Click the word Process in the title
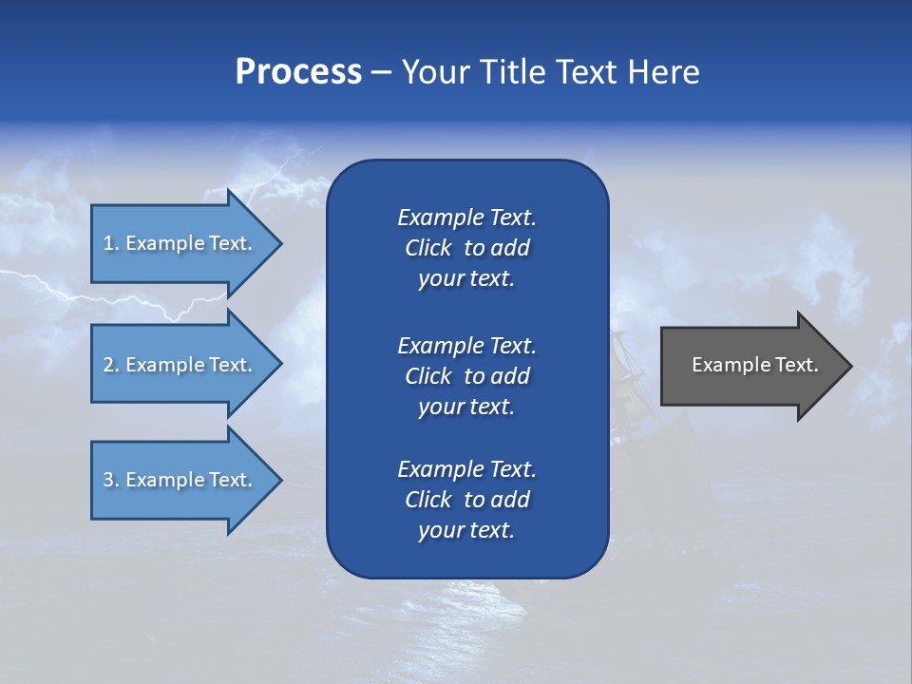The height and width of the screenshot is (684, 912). (298, 72)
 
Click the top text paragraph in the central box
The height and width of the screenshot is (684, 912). (466, 248)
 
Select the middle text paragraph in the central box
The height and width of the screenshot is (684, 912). (466, 376)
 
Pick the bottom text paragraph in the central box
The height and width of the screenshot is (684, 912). (466, 500)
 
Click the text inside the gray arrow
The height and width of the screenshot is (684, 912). (754, 365)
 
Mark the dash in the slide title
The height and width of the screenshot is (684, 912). (381, 73)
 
